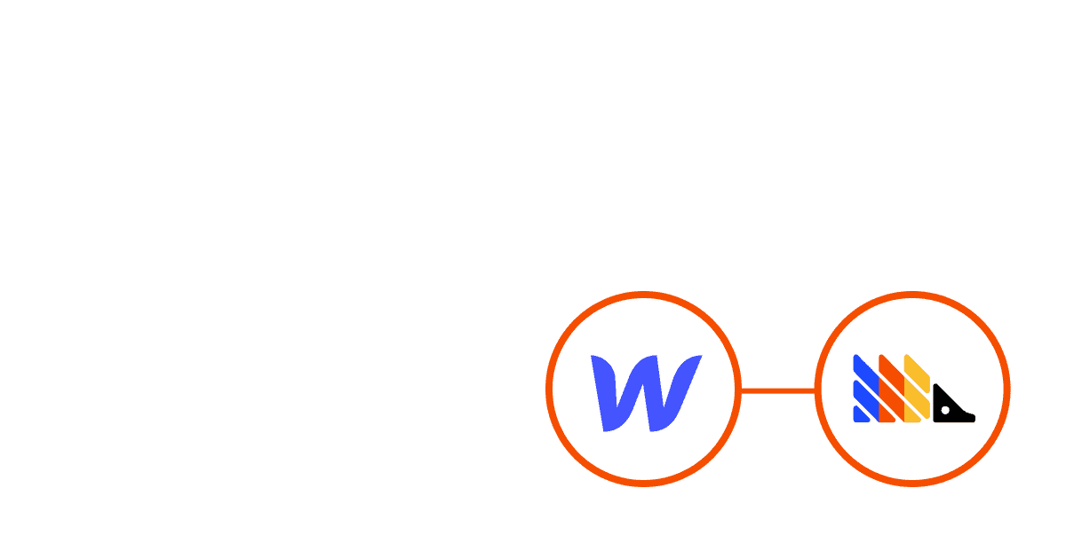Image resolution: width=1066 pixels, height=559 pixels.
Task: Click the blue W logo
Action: point(646,391)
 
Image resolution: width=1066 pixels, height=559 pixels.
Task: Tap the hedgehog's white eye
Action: point(946,410)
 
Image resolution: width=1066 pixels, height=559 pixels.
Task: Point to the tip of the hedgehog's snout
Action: point(973,417)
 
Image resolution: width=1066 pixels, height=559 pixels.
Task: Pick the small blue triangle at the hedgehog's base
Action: point(859,414)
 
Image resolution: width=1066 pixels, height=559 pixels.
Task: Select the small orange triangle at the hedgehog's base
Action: point(885,414)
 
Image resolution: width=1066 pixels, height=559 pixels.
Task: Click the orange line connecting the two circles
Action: point(777,390)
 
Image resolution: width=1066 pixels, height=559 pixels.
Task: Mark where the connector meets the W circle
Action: point(741,390)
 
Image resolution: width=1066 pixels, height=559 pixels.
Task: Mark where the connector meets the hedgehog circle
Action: point(815,390)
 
